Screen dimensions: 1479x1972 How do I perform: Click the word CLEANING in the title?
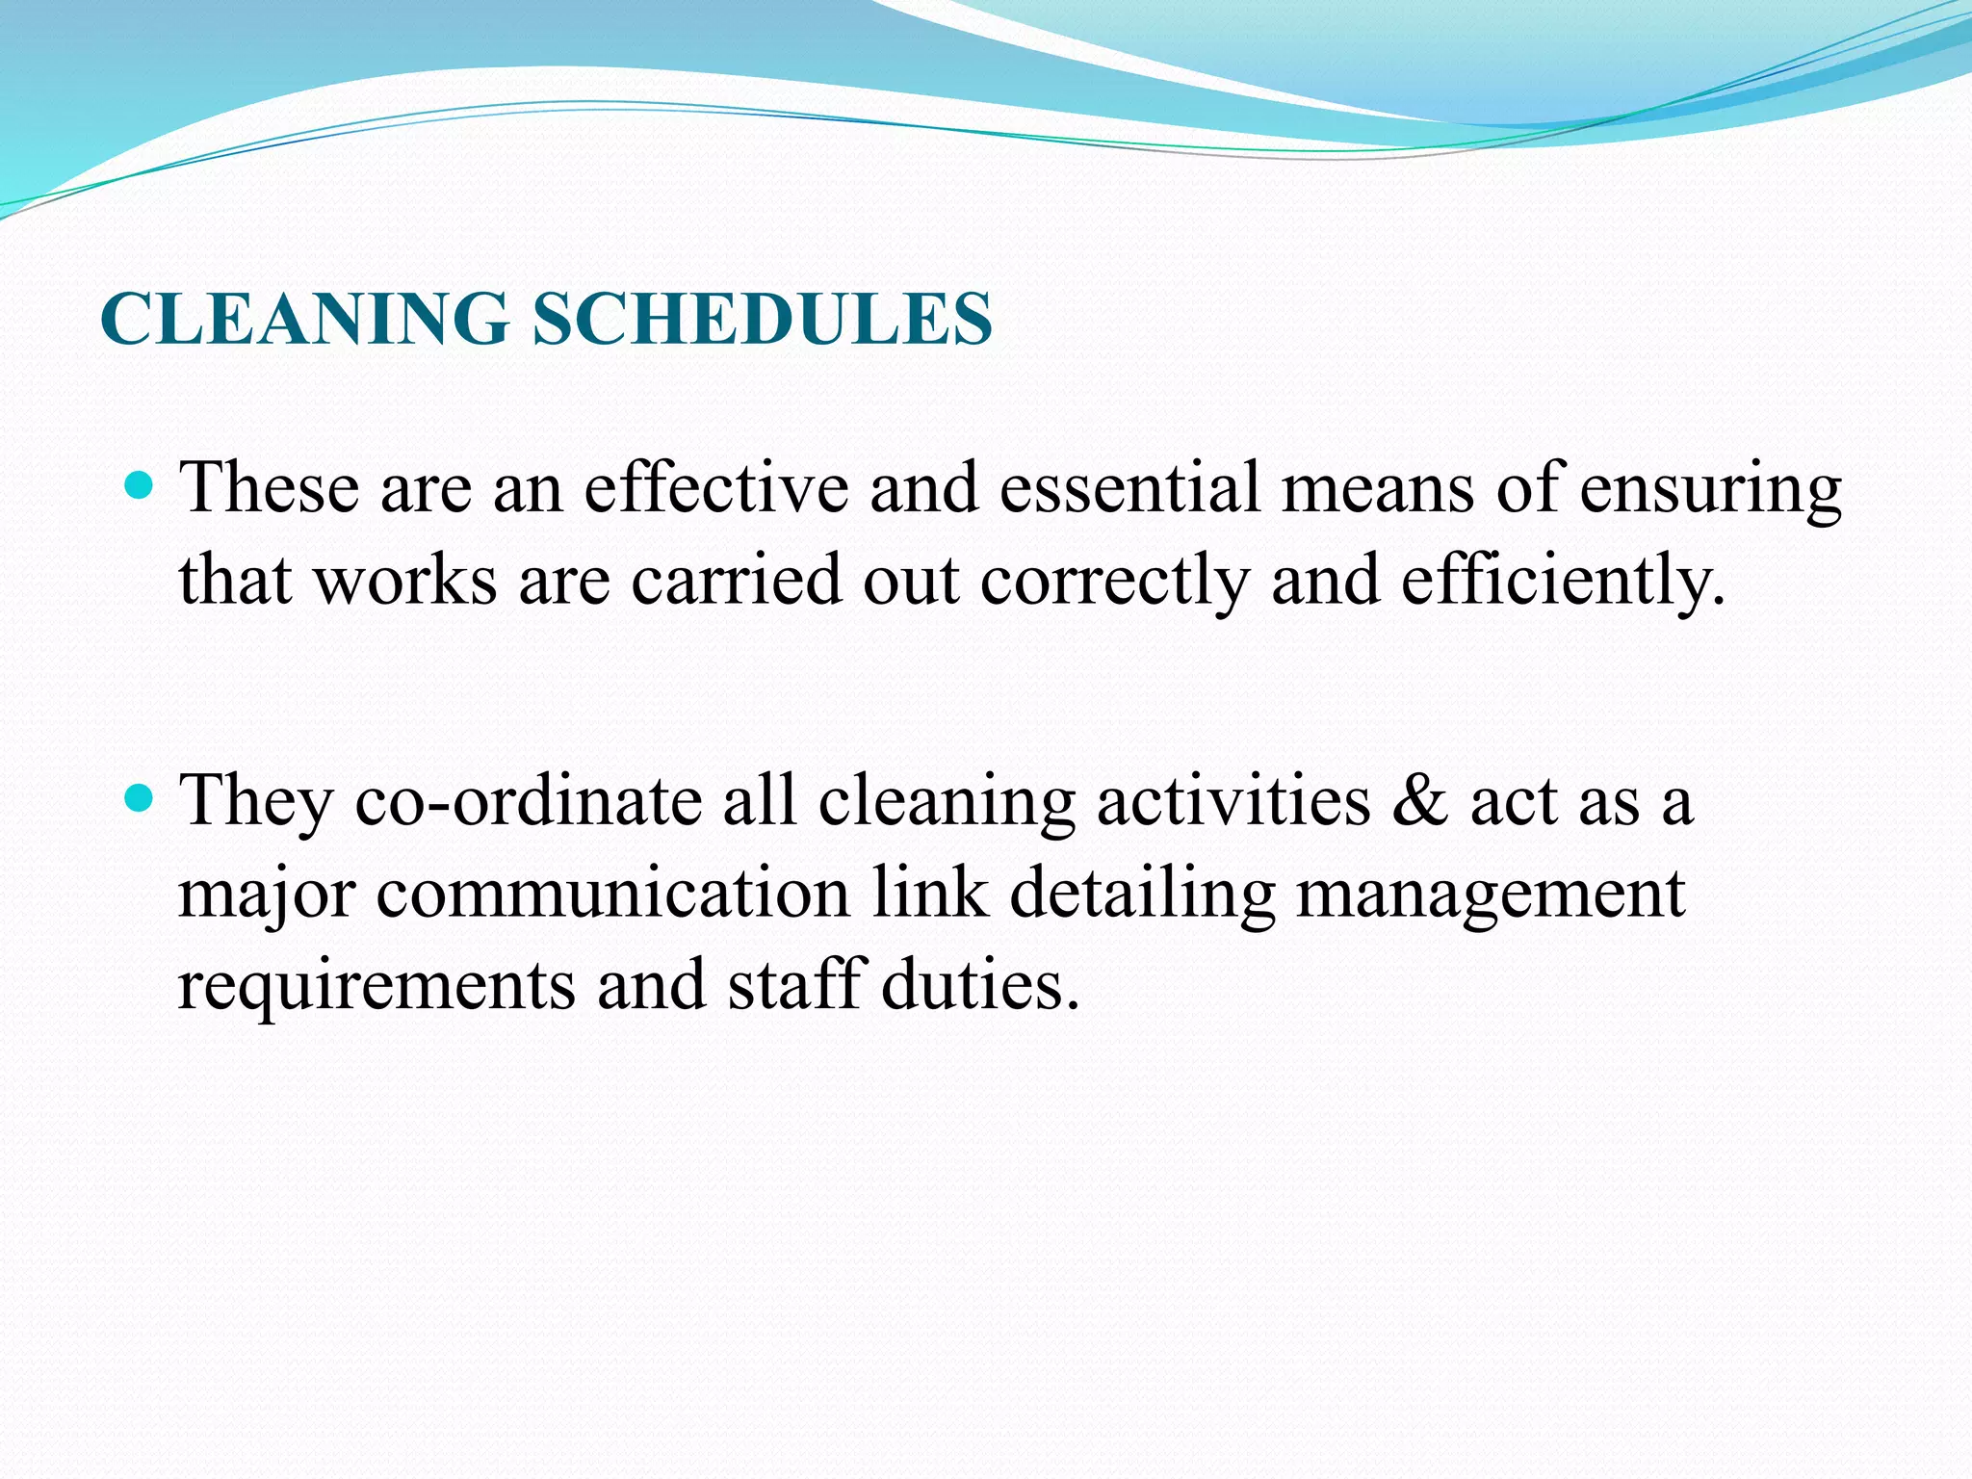point(304,319)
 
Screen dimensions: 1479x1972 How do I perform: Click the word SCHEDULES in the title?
point(762,319)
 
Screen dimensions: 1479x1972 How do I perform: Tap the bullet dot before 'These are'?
point(141,484)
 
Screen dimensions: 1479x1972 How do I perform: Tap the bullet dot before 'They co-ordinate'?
point(141,797)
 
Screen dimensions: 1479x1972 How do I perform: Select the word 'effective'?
point(716,487)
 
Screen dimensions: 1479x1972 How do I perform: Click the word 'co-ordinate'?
point(529,800)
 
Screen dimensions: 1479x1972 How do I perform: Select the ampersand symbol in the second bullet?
point(1420,800)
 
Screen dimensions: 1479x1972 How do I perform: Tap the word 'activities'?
point(1233,800)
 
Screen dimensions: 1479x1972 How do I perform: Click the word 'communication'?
point(612,893)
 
